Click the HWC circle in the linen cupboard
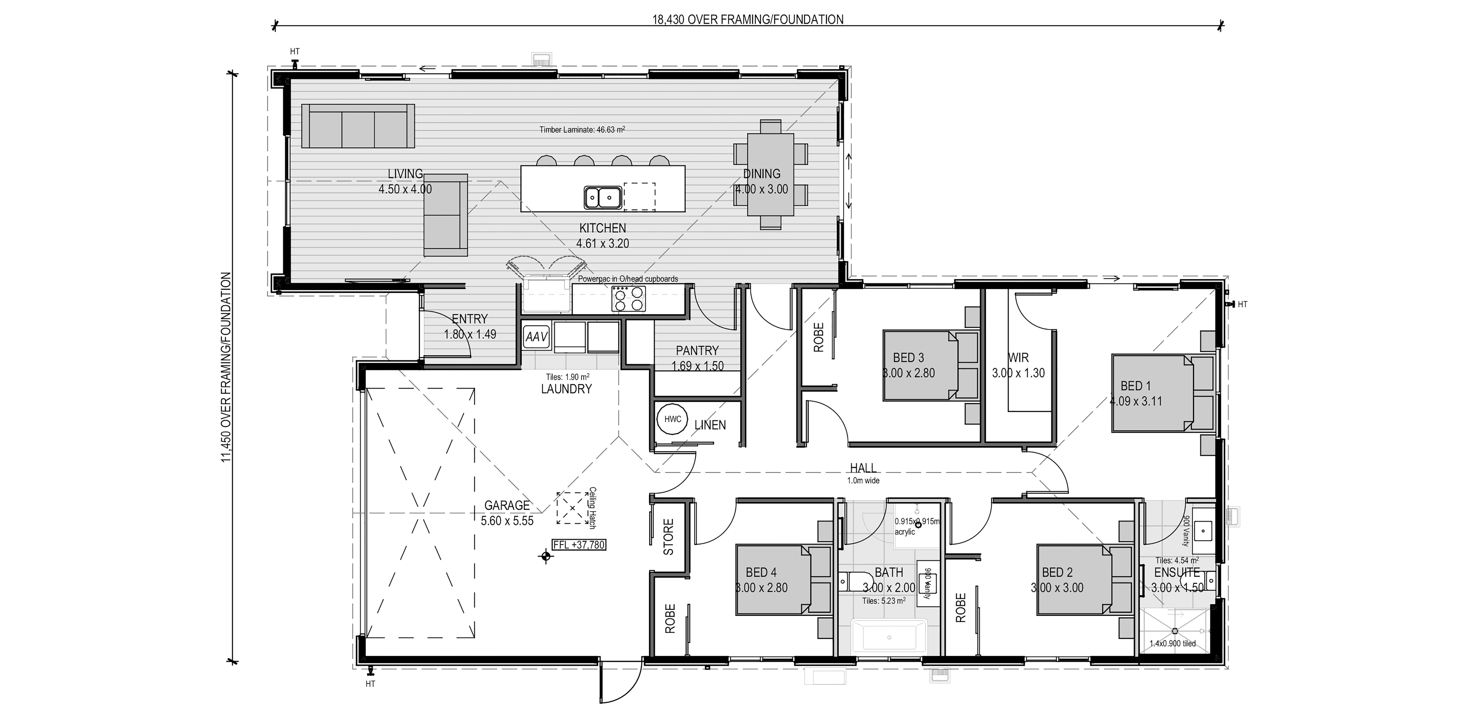673,419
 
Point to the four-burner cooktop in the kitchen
629,298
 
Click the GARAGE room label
507,505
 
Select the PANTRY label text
697,350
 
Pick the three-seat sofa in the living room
358,126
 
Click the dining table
770,174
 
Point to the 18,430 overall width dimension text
748,19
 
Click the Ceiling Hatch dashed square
572,508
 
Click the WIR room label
1018,358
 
